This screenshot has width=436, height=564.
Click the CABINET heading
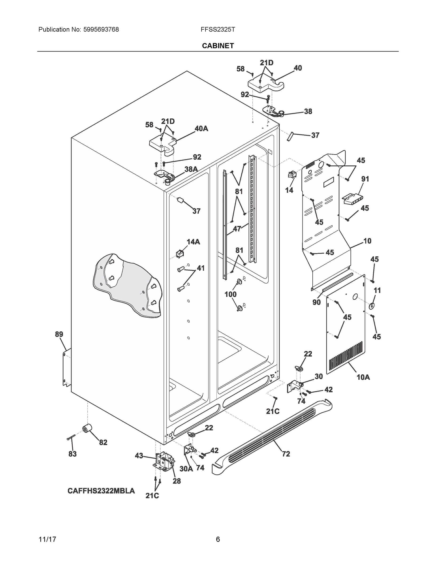218,46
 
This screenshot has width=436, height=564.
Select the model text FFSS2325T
218,29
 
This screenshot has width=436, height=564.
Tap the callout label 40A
201,129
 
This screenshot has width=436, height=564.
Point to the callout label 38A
191,169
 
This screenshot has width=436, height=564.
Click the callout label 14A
193,242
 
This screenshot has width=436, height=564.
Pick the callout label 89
59,334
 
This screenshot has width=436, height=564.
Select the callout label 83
73,454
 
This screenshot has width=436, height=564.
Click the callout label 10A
363,377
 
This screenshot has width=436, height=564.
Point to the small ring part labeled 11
371,306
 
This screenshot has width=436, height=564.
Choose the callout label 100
230,294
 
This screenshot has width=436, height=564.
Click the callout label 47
237,229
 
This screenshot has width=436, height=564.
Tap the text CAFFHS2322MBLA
101,491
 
